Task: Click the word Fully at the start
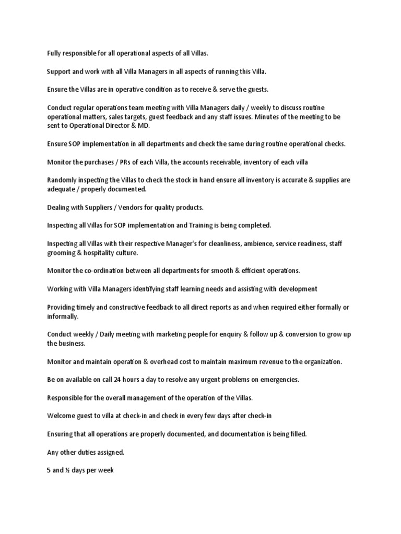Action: [54, 53]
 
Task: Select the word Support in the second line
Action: [59, 71]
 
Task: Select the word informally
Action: [63, 316]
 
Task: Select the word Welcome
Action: [62, 416]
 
